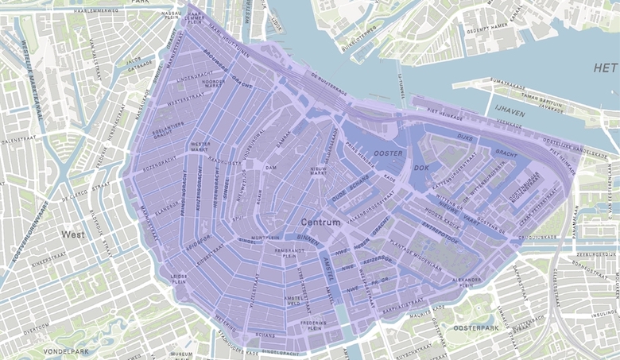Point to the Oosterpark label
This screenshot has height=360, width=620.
pos(475,327)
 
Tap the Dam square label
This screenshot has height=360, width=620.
pos(270,168)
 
